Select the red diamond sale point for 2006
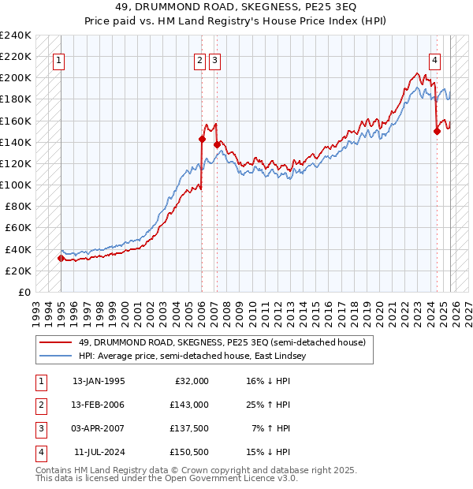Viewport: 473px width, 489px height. click(x=202, y=139)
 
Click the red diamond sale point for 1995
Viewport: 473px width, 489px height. click(x=61, y=258)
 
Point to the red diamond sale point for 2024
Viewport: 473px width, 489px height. click(x=437, y=132)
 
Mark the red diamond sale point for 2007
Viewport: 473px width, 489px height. click(x=217, y=145)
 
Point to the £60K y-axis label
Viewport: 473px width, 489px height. click(x=18, y=228)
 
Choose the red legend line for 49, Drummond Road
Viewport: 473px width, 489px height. click(x=56, y=343)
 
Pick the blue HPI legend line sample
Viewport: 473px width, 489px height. click(x=56, y=356)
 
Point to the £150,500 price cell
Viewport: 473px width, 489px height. click(x=189, y=452)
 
